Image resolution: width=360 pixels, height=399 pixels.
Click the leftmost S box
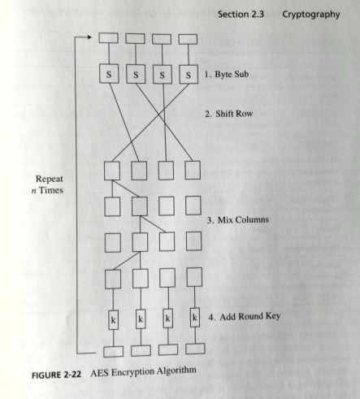[109, 74]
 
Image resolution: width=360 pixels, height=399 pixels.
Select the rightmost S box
[189, 74]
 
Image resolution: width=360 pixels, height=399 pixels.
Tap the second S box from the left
[136, 74]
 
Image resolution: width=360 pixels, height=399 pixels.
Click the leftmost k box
[113, 320]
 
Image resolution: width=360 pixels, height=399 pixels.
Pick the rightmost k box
[195, 318]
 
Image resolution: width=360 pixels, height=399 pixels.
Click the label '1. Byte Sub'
[227, 74]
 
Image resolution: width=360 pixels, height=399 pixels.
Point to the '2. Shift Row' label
[228, 114]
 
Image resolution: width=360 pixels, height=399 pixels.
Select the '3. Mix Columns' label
[238, 219]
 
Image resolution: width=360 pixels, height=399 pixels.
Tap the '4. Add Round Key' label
[245, 316]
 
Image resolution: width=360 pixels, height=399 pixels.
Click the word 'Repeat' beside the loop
[50, 179]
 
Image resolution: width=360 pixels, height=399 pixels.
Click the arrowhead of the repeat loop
[89, 37]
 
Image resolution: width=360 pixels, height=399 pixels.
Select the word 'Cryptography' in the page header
[311, 15]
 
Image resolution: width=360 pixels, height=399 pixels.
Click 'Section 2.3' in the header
[241, 14]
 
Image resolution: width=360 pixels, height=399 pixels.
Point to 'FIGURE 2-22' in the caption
[56, 375]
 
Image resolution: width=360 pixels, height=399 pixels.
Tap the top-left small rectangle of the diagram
[108, 38]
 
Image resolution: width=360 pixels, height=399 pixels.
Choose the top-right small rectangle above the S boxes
[188, 39]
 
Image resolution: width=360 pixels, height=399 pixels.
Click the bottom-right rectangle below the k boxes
[195, 349]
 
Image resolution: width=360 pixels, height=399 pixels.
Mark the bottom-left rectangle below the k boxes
[113, 352]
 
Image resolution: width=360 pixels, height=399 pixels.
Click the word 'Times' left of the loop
[51, 190]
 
